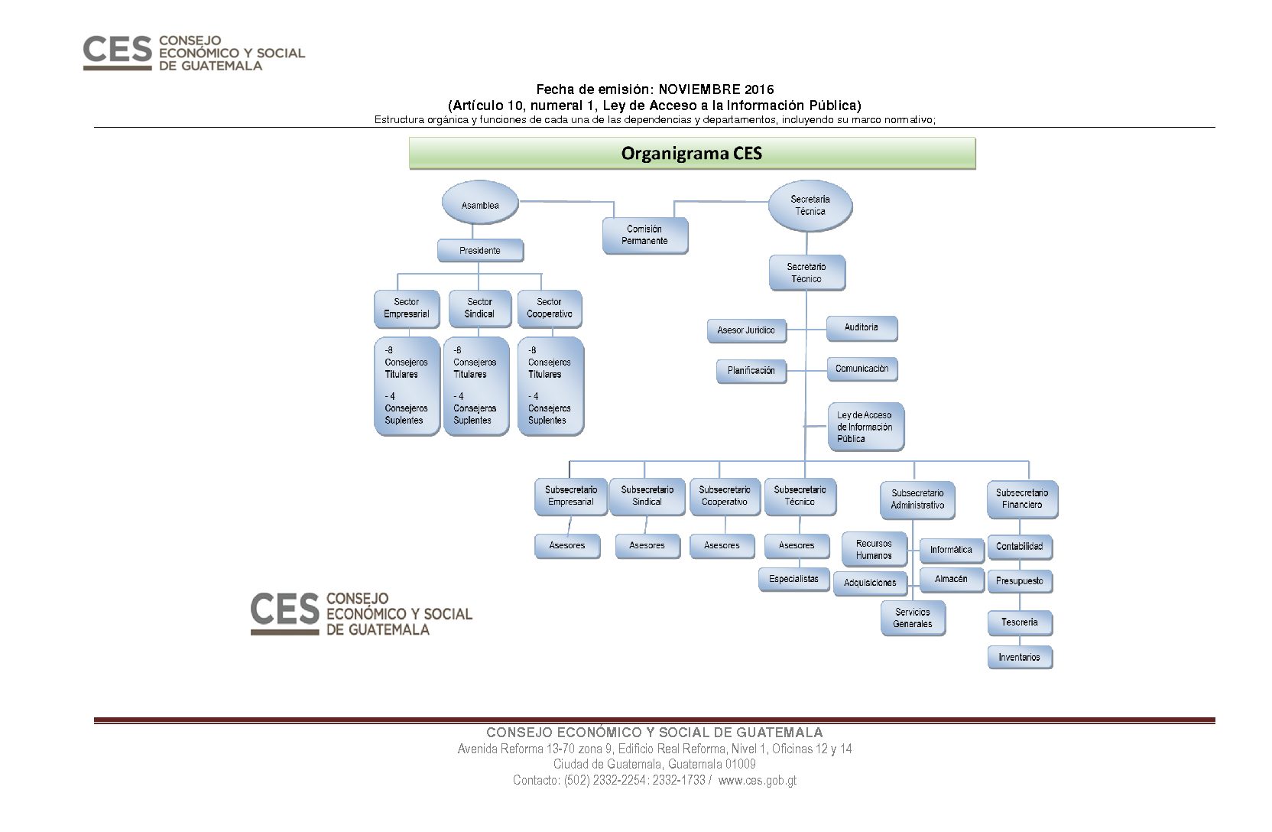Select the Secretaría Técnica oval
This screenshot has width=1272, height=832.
pyautogui.click(x=810, y=206)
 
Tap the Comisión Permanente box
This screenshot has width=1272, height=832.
pyautogui.click(x=645, y=235)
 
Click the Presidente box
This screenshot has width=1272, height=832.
pyautogui.click(x=480, y=251)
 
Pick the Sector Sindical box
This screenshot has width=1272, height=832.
pyautogui.click(x=480, y=308)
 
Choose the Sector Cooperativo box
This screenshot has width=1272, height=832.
pyautogui.click(x=550, y=308)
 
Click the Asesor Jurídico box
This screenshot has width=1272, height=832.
pyautogui.click(x=747, y=330)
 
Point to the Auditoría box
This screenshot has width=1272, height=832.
pyautogui.click(x=862, y=328)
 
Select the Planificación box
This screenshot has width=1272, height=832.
pyautogui.click(x=751, y=371)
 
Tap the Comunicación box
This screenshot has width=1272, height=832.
pyautogui.click(x=862, y=369)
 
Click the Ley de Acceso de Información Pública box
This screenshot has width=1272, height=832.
pyautogui.click(x=866, y=427)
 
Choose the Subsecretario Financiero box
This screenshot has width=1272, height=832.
pyautogui.click(x=1023, y=499)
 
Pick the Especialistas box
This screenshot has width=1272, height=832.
pyautogui.click(x=794, y=580)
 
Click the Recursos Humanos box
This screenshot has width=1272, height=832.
pyautogui.click(x=874, y=550)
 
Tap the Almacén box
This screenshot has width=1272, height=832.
pyautogui.click(x=952, y=580)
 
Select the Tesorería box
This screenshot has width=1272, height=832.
pyautogui.click(x=1021, y=623)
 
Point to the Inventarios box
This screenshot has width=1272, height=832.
pyautogui.click(x=1021, y=658)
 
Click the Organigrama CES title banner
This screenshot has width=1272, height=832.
pyautogui.click(x=693, y=154)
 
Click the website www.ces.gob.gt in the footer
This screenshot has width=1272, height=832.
pyautogui.click(x=758, y=780)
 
